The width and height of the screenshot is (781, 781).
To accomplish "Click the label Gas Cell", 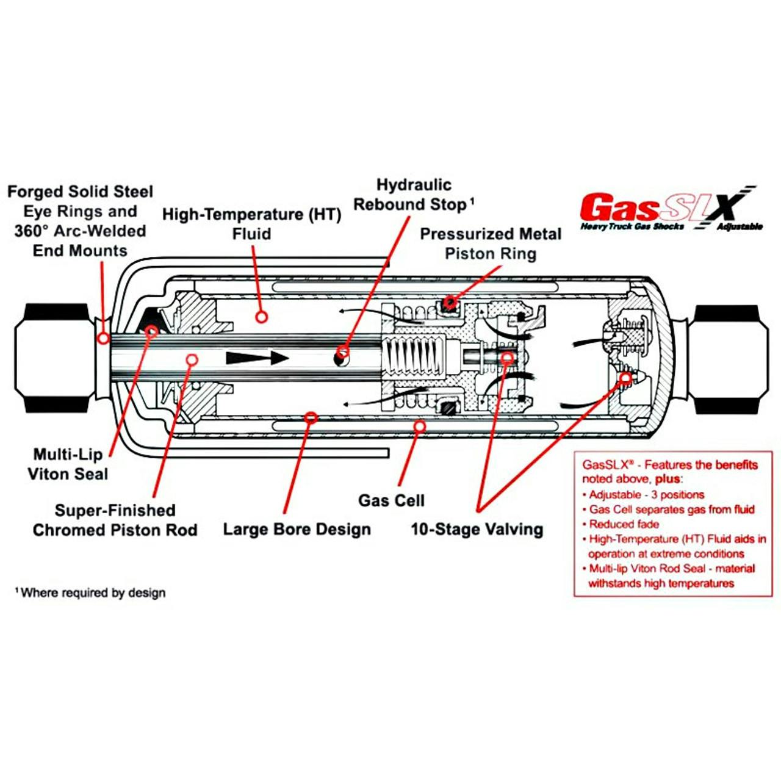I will (391, 500).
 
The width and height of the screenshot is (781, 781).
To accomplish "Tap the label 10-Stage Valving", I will (477, 529).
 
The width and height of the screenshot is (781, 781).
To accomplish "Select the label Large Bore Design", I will (297, 529).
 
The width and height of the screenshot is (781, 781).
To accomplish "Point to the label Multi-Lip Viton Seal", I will (68, 464).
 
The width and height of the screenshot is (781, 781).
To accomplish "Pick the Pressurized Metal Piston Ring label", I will (491, 243).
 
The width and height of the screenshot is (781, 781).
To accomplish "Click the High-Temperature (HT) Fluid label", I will (251, 224).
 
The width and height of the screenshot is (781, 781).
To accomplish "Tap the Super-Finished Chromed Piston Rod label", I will (115, 520).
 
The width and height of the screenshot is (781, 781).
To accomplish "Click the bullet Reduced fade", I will (624, 524).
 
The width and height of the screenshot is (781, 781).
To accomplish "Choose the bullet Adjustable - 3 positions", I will (646, 495).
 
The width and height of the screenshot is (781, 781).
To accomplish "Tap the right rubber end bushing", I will (728, 359).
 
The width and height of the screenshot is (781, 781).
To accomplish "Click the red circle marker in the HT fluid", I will (262, 317).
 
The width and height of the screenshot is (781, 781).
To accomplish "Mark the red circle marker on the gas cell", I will (419, 426).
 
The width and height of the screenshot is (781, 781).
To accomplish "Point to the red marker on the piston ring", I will (450, 301).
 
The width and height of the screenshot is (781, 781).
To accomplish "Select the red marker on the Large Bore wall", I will (311, 417).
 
